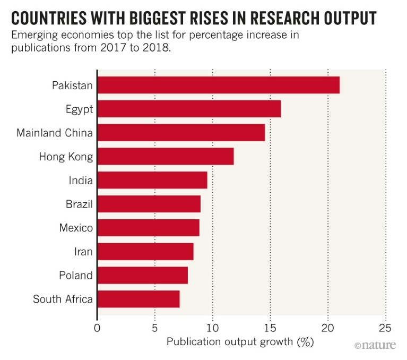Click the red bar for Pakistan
click(x=219, y=85)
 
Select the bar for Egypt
click(x=189, y=109)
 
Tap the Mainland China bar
click(x=181, y=133)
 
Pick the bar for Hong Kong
click(x=166, y=157)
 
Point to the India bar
click(x=152, y=181)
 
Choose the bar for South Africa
click(x=138, y=299)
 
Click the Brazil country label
click(x=79, y=204)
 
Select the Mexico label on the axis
click(x=76, y=228)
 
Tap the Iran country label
click(x=83, y=252)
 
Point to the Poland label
click(x=76, y=276)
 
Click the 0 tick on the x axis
click(x=97, y=328)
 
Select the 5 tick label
click(x=154, y=328)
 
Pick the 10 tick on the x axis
click(x=212, y=328)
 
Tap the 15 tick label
click(x=270, y=328)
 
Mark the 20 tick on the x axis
click(x=328, y=328)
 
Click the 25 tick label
click(x=386, y=328)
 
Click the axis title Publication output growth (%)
click(x=240, y=342)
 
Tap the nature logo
click(x=375, y=346)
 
